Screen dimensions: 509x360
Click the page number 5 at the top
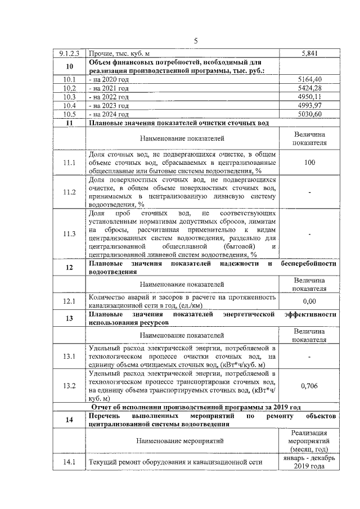point(195,40)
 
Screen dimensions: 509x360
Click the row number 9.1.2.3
point(69,54)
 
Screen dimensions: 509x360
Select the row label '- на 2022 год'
point(109,97)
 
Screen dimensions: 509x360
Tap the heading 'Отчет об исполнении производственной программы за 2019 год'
point(196,407)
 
